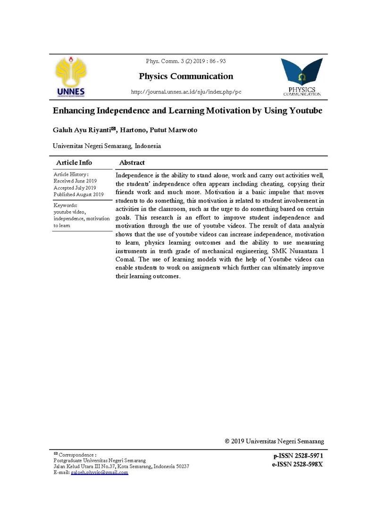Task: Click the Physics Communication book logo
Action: click(302, 76)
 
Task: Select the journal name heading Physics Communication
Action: click(186, 76)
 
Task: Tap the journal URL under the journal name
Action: click(186, 91)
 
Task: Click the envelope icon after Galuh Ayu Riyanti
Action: click(113, 128)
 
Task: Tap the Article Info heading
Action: click(74, 163)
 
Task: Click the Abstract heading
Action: click(132, 163)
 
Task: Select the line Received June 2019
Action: click(75, 181)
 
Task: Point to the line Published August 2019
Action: click(78, 194)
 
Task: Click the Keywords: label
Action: click(65, 205)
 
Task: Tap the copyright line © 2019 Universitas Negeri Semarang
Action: click(275, 442)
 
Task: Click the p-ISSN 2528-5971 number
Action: click(298, 456)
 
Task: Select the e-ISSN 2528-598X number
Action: click(298, 464)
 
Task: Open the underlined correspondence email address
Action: click(99, 472)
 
